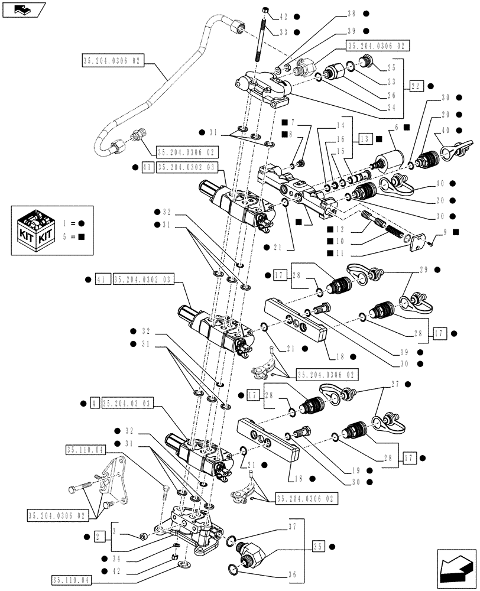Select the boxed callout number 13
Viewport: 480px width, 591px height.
pos(364,138)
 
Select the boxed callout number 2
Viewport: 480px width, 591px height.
pos(100,537)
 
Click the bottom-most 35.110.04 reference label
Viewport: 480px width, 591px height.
pos(71,580)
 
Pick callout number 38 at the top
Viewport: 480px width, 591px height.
pos(353,14)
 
